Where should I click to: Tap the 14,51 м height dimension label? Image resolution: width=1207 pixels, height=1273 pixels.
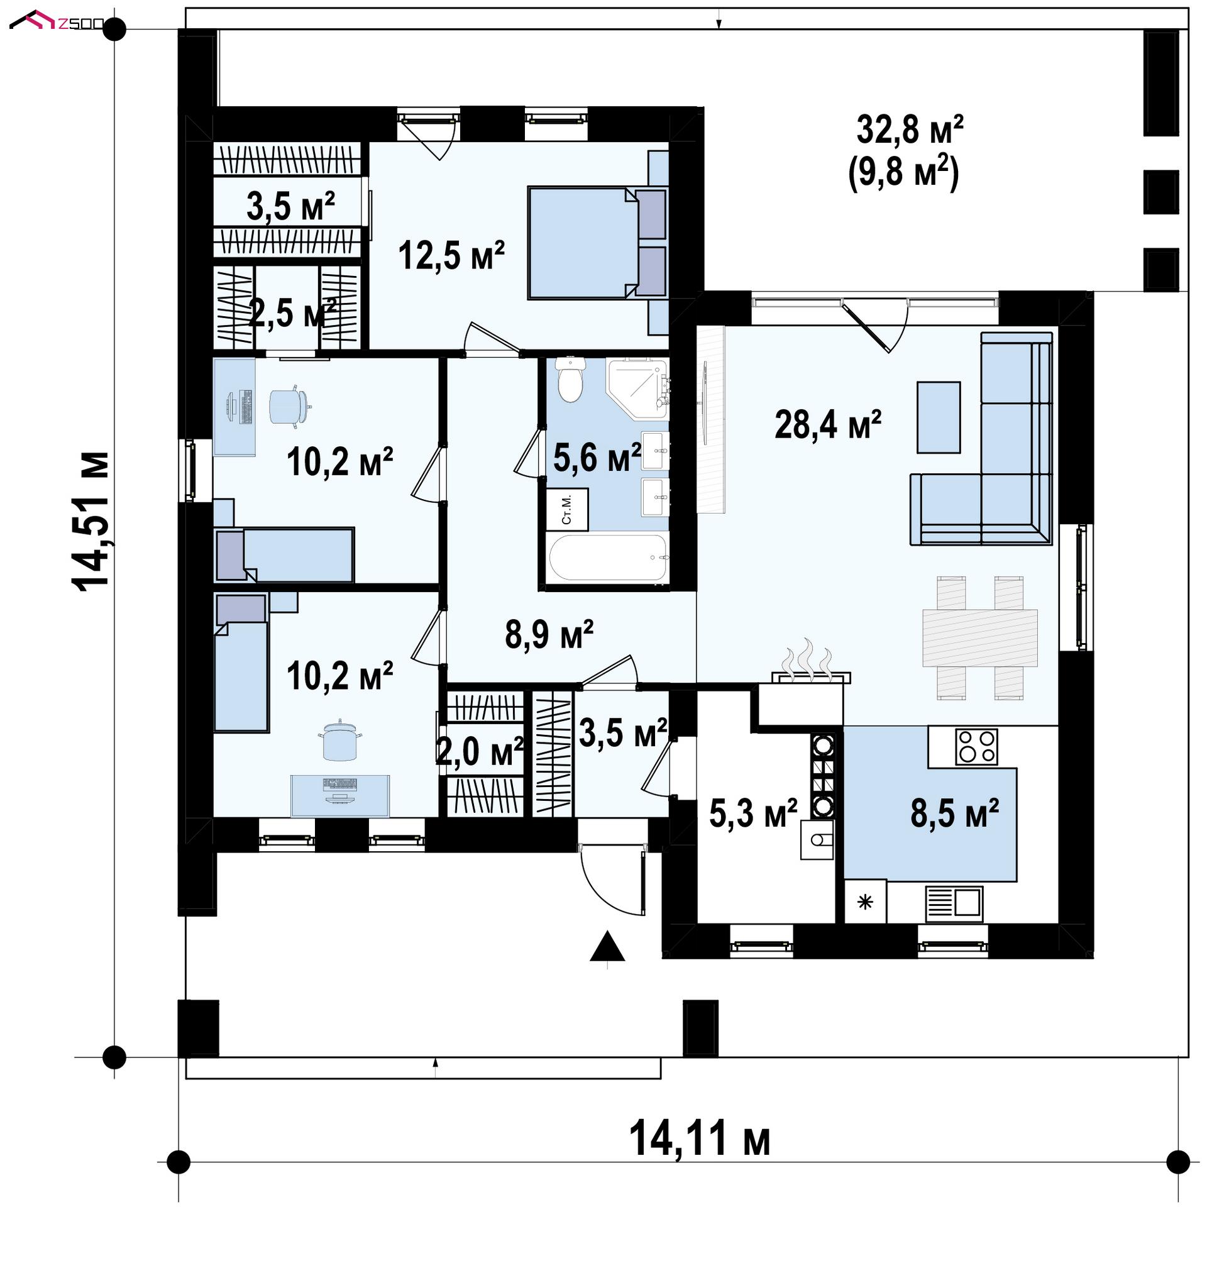[91, 522]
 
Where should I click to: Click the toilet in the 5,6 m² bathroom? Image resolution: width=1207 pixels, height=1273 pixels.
[570, 380]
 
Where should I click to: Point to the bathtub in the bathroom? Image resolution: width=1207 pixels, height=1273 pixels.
[608, 558]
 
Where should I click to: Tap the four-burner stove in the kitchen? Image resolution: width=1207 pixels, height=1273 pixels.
[976, 746]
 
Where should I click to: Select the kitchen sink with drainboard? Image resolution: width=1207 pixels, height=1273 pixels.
[954, 903]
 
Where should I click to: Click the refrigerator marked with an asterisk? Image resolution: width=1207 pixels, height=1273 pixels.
[866, 902]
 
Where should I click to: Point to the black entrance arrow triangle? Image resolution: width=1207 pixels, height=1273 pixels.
[607, 946]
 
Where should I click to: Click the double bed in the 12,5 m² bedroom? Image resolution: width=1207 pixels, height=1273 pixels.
[597, 243]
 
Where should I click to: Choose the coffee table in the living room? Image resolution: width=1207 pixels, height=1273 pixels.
[938, 417]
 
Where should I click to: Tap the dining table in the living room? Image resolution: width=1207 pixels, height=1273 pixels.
[980, 637]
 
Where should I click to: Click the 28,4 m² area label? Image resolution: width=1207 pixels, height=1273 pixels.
[827, 424]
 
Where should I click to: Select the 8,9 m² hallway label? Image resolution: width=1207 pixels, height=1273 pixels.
[549, 634]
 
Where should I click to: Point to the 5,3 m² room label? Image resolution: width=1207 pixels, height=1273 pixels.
[753, 813]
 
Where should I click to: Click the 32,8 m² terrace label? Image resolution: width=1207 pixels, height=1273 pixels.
[910, 130]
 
